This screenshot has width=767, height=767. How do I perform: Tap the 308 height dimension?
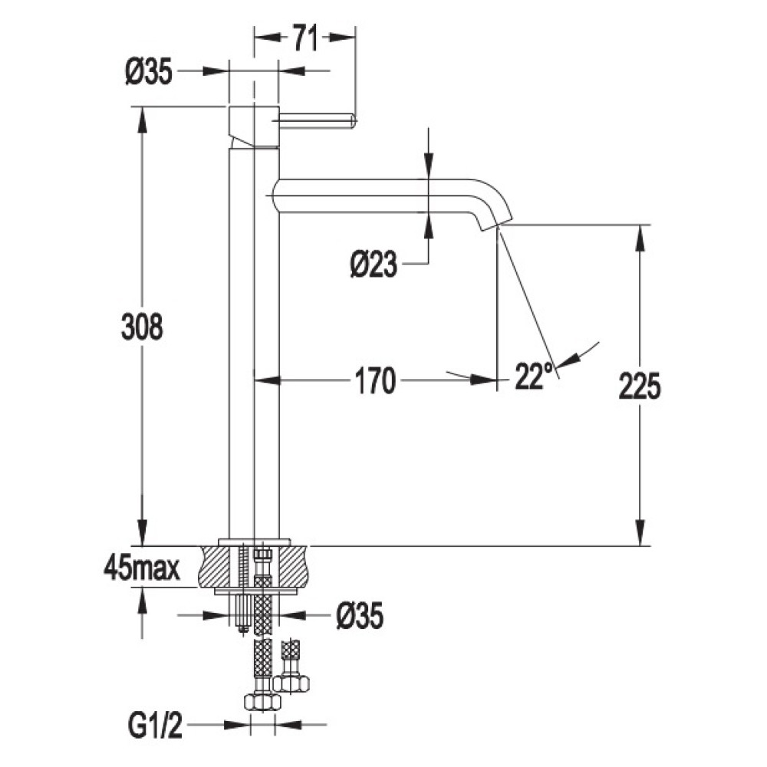pyautogui.click(x=142, y=327)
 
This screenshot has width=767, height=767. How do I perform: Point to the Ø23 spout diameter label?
pyautogui.click(x=374, y=265)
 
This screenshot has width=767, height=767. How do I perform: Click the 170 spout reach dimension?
pyautogui.click(x=375, y=381)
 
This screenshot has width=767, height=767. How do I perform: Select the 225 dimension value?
pyautogui.click(x=640, y=386)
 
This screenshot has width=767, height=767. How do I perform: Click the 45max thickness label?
pyautogui.click(x=141, y=569)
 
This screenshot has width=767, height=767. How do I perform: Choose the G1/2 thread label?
pyautogui.click(x=155, y=725)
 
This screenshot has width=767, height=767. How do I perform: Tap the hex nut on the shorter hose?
pyautogui.click(x=291, y=683)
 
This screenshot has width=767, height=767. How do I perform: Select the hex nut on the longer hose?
pyautogui.click(x=262, y=702)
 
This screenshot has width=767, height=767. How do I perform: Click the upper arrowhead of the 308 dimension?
pyautogui.click(x=142, y=120)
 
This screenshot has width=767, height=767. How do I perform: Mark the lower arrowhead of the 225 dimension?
pyautogui.click(x=640, y=533)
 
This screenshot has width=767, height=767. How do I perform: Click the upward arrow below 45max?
pyautogui.click(x=142, y=600)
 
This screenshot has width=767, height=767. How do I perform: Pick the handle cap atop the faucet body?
pyautogui.click(x=254, y=126)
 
